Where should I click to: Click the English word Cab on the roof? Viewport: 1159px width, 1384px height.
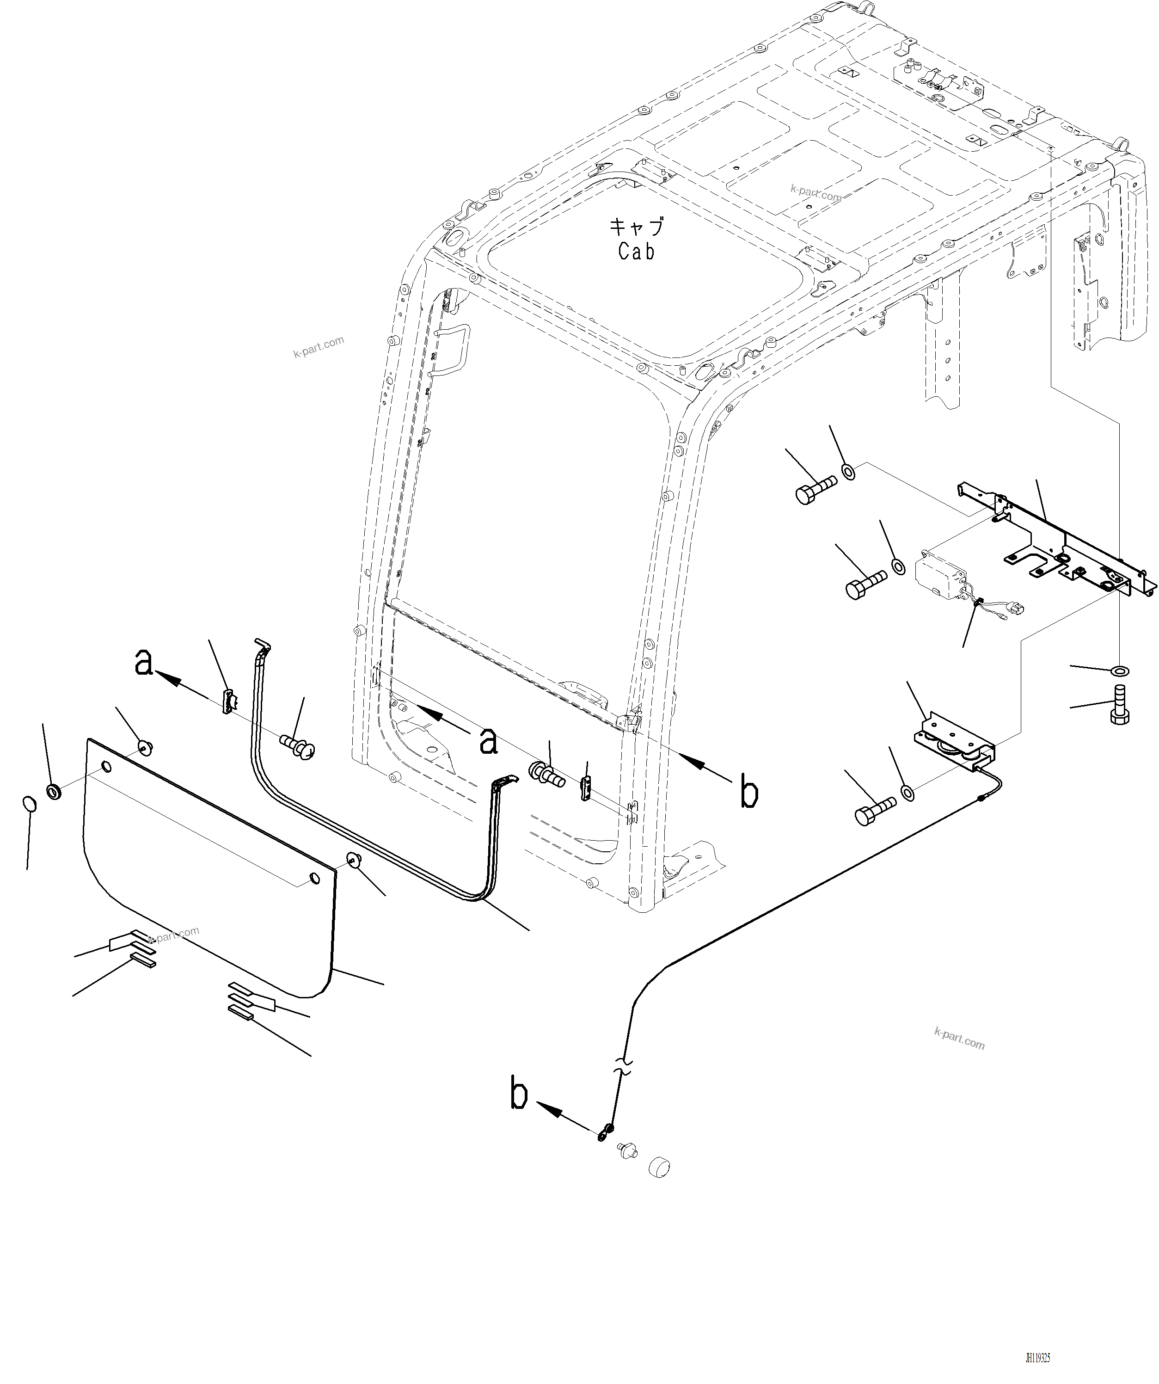click(x=636, y=251)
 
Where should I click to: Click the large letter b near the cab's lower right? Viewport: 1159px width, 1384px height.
click(x=749, y=793)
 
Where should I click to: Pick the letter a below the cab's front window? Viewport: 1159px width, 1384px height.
click(x=488, y=740)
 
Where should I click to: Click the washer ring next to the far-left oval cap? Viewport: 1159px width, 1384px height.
click(x=54, y=790)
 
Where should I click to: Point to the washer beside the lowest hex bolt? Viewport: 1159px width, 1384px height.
click(x=908, y=792)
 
